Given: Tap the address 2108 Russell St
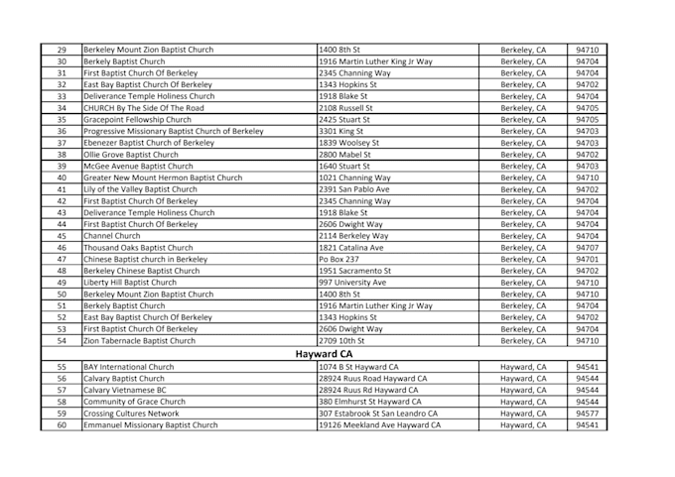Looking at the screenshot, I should point(345,107).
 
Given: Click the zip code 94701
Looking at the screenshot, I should point(588,259).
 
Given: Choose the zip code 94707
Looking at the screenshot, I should point(588,248).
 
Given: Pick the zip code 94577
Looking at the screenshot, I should point(588,413).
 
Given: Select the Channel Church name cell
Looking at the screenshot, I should point(112,236).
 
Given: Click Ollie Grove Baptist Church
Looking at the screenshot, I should point(131,155).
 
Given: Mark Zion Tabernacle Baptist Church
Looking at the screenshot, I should point(140,341).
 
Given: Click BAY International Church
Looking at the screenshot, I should point(129,366).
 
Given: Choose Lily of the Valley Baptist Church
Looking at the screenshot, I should point(140,189).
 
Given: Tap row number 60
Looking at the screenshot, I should point(61,424).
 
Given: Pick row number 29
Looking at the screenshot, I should point(61,49).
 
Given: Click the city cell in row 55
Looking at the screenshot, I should point(523,366).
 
